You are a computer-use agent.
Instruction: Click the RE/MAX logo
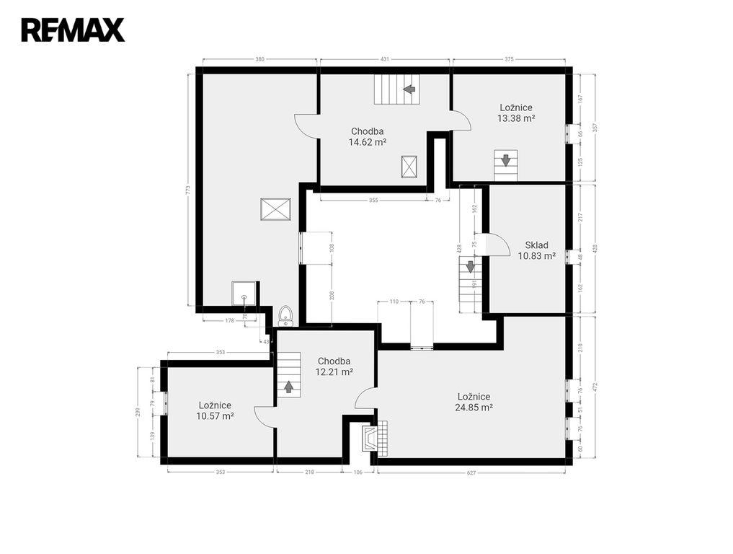73,30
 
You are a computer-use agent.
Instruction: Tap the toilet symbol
285,316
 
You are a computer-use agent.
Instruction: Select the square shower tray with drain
244,294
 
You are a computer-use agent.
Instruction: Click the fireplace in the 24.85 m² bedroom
375,437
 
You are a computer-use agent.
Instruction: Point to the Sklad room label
536,245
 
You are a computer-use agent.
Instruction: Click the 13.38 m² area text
515,118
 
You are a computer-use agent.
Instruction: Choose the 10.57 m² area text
215,416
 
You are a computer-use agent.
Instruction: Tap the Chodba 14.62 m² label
368,136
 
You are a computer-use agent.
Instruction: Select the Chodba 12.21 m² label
334,367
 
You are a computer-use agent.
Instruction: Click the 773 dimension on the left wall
188,190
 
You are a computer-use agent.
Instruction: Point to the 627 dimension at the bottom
471,472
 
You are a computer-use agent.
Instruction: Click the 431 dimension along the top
384,59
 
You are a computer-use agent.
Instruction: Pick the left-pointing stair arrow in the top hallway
410,89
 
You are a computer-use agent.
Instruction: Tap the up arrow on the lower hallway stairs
288,387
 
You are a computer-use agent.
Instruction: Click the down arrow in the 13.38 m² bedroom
505,160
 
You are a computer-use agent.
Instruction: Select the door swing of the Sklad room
498,245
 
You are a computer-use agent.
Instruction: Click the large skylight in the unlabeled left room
276,208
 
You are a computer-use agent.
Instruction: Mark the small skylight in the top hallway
409,167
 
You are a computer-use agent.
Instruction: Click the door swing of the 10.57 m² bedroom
265,416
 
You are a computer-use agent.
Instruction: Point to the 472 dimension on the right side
595,387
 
